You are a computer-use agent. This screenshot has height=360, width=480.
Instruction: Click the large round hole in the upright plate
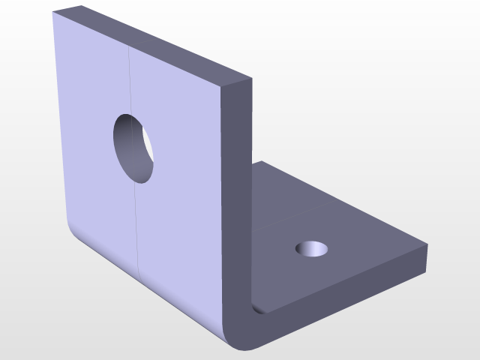(x=134, y=147)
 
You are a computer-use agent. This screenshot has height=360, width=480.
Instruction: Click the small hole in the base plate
(x=312, y=248)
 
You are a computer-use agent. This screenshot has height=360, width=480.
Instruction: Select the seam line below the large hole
(x=137, y=225)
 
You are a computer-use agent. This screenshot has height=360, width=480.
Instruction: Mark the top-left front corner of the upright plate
(x=54, y=13)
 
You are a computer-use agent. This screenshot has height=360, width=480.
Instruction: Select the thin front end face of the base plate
(x=345, y=296)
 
